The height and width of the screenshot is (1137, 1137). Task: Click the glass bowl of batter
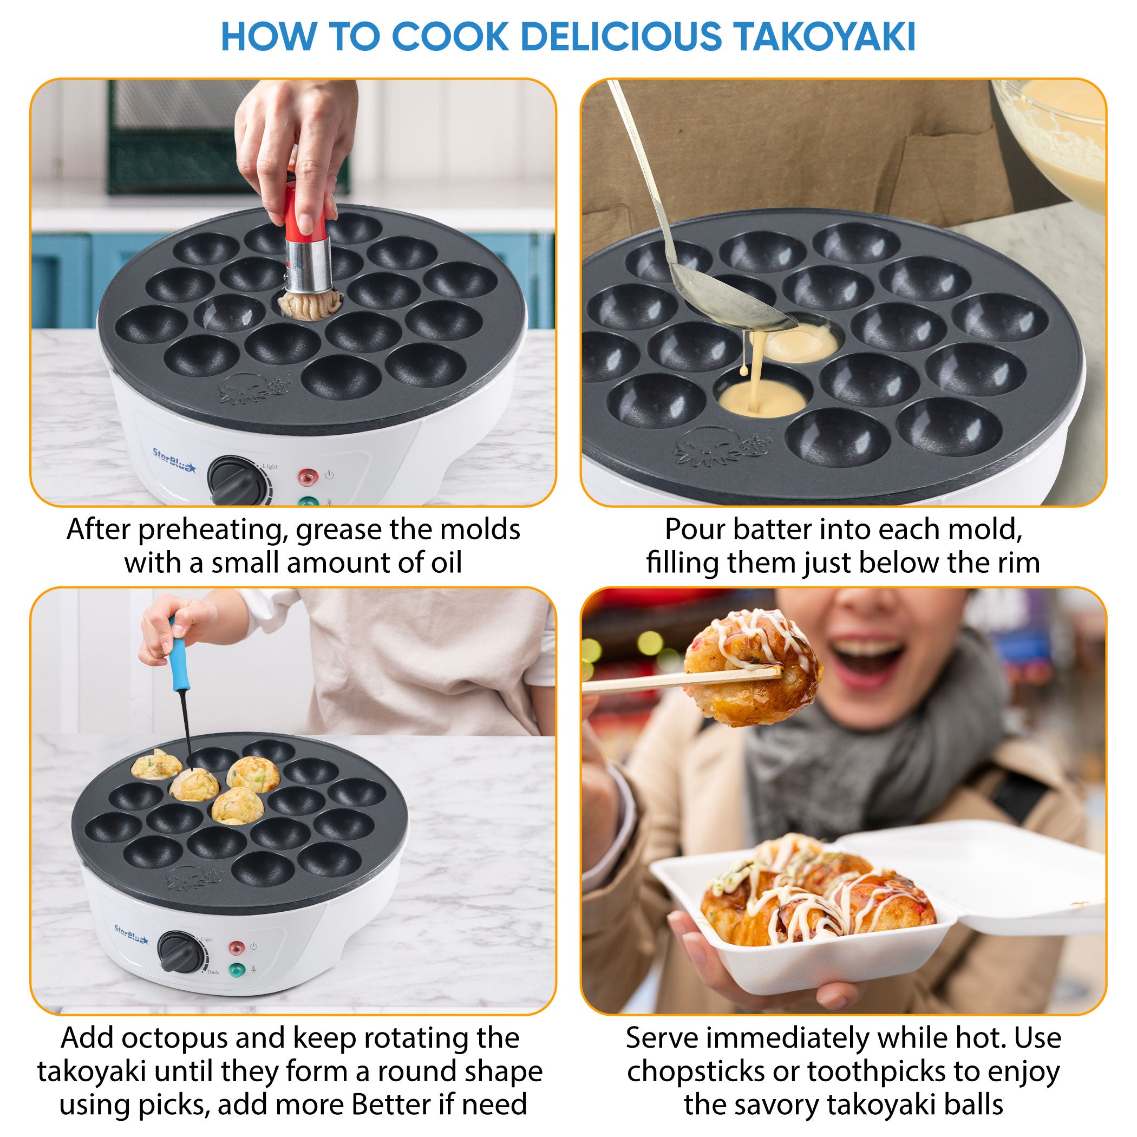(1060, 135)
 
